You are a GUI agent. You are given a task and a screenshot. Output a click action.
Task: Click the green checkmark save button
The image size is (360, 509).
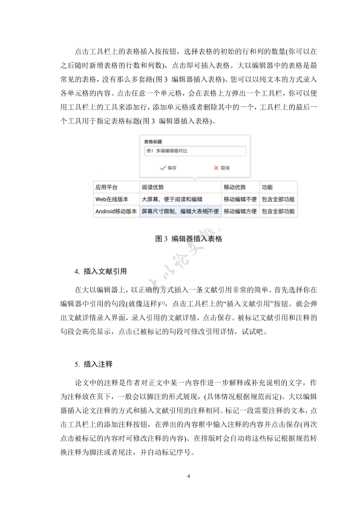point(168,167)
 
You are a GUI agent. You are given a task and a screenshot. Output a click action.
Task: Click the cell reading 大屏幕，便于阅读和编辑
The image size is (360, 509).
point(172,199)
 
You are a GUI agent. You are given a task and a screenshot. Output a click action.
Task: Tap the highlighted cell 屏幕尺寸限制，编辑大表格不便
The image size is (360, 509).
point(180,212)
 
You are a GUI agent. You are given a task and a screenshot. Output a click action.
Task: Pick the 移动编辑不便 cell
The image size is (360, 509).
point(240,199)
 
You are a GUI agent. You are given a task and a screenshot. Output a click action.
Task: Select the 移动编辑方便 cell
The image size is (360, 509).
point(240,212)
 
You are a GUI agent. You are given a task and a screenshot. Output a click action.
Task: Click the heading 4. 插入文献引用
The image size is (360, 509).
point(100,271)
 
